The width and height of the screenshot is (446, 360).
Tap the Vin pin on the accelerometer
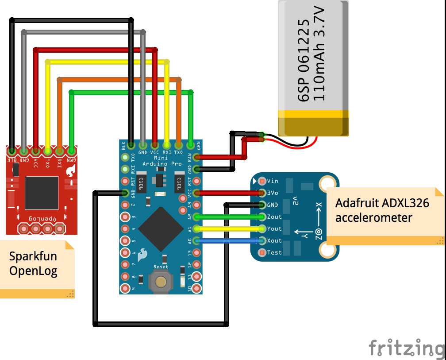click(x=261, y=181)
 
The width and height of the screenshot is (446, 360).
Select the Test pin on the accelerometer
click(x=261, y=252)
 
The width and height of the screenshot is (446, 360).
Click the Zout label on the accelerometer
click(x=274, y=217)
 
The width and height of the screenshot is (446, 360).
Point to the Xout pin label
click(x=274, y=241)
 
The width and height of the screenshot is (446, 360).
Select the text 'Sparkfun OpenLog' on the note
click(x=33, y=263)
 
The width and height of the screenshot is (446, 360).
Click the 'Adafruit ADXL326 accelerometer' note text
click(x=382, y=210)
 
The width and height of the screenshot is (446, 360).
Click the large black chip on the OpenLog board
click(x=42, y=193)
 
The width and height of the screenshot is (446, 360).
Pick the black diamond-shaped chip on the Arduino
click(x=161, y=228)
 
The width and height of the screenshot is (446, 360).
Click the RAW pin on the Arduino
click(x=196, y=157)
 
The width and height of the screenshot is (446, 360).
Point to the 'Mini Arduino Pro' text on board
click(x=161, y=161)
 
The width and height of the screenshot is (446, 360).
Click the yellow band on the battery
click(x=313, y=114)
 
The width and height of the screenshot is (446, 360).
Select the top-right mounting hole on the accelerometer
click(x=328, y=183)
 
